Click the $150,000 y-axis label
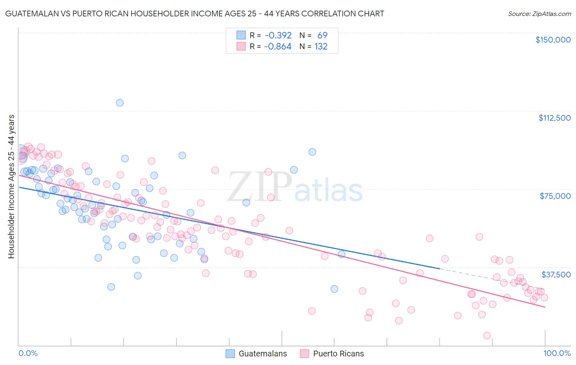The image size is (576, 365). [553, 40]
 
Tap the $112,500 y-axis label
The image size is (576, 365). [554, 118]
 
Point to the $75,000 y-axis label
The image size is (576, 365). [555, 196]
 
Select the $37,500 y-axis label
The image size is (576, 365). [556, 275]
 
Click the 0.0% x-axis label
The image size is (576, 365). [28, 353]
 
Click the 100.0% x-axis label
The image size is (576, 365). [557, 353]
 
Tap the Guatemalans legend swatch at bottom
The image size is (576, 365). [230, 354]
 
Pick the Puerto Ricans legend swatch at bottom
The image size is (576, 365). [304, 354]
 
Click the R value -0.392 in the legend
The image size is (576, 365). [278, 36]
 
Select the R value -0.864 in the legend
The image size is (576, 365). [278, 47]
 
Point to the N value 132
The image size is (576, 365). [321, 47]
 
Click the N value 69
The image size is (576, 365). [322, 36]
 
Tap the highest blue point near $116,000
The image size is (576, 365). [120, 103]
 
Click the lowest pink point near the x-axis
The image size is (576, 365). [487, 336]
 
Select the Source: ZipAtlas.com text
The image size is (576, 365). [539, 14]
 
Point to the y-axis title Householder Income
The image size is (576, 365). [11, 186]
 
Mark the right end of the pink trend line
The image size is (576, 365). [545, 307]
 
